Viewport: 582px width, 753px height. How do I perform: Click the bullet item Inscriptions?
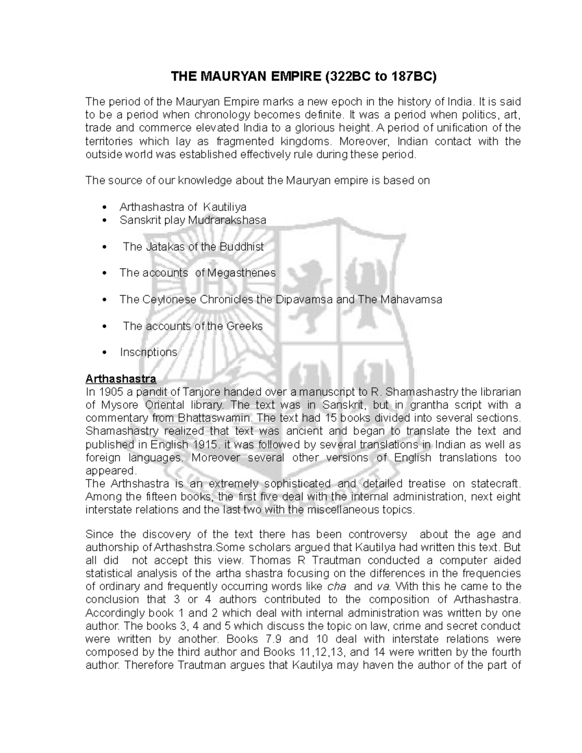tap(148, 352)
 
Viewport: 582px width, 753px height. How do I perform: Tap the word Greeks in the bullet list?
tap(244, 326)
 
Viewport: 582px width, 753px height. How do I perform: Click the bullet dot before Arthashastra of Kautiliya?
tap(105, 208)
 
